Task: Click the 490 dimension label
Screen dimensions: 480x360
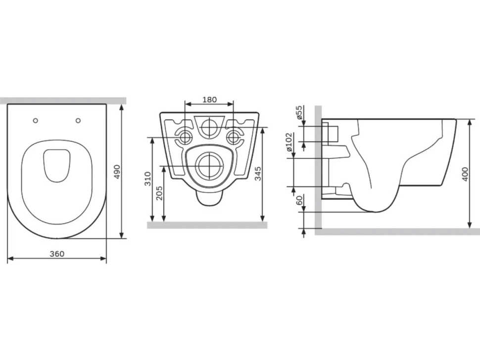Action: [117, 172]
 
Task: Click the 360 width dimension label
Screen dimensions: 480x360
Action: [57, 254]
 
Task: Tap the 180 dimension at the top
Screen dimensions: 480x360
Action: [209, 100]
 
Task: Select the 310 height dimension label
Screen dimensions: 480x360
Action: [148, 179]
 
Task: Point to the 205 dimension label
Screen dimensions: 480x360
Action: [159, 193]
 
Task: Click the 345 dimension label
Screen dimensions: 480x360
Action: [258, 174]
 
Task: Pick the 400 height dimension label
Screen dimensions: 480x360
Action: [465, 174]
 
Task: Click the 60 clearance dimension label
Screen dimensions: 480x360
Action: [299, 200]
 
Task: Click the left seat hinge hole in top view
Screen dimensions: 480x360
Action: [36, 121]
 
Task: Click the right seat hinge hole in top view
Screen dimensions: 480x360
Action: [78, 121]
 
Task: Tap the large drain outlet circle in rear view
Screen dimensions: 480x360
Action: [209, 166]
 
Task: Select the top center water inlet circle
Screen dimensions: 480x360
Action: [209, 127]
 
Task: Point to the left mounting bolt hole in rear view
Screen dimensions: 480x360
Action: [185, 137]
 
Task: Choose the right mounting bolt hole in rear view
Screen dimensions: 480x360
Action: [234, 137]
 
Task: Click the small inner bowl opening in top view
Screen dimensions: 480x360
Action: [57, 166]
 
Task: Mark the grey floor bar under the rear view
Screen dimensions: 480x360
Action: [207, 225]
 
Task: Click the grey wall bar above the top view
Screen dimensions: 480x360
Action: [63, 100]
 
